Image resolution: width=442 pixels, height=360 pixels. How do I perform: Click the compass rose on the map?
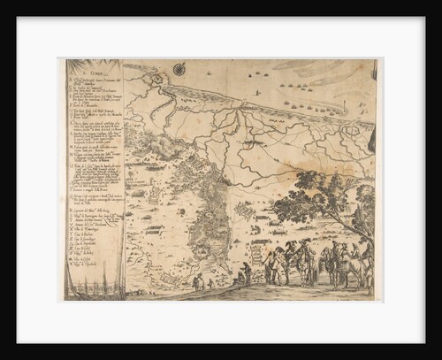[x=179, y=68]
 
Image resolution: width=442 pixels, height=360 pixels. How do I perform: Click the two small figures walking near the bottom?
[x=201, y=282]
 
